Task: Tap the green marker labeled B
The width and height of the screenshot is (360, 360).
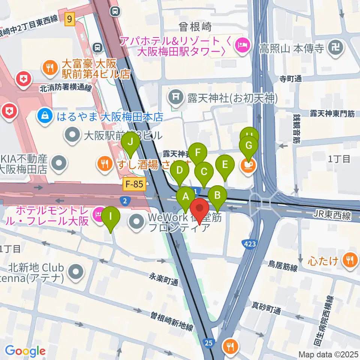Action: (x=217, y=196)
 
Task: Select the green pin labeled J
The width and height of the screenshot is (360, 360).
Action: (x=130, y=143)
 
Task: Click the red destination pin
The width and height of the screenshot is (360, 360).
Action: (x=199, y=208)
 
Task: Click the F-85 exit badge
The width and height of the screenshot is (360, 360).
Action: (x=134, y=184)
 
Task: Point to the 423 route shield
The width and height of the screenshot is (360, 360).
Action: (x=250, y=244)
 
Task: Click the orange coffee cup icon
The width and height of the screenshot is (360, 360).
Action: (x=248, y=165)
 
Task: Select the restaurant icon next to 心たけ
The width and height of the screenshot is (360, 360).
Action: (x=350, y=260)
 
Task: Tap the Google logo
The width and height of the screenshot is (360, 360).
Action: (x=25, y=351)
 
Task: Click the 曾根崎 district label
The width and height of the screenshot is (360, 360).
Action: (x=195, y=27)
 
